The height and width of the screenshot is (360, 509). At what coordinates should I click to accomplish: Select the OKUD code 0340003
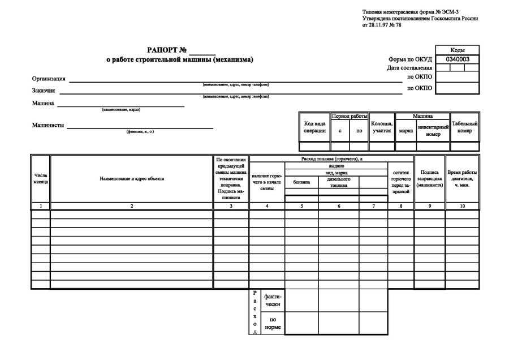point(458,59)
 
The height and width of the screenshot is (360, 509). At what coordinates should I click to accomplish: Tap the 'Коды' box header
point(458,50)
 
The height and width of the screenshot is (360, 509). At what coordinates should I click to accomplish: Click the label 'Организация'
point(49,79)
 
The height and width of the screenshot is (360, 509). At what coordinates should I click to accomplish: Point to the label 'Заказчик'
point(44,91)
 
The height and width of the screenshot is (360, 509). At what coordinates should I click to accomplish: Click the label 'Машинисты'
point(48,125)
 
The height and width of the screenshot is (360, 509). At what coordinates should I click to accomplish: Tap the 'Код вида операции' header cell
point(314,127)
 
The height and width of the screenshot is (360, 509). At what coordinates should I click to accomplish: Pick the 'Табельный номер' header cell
point(464,127)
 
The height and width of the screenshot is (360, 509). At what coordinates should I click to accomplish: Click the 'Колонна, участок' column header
point(382,127)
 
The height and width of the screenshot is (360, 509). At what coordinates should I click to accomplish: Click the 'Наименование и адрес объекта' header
point(132,179)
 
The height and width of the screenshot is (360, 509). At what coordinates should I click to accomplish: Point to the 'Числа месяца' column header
point(41,179)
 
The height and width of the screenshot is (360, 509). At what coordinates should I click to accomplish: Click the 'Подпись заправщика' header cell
point(429,178)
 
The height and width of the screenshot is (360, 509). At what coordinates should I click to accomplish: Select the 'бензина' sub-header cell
point(301,182)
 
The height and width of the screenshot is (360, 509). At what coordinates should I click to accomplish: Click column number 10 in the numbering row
point(462,206)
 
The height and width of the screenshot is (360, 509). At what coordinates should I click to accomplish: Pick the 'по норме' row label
point(272,323)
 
